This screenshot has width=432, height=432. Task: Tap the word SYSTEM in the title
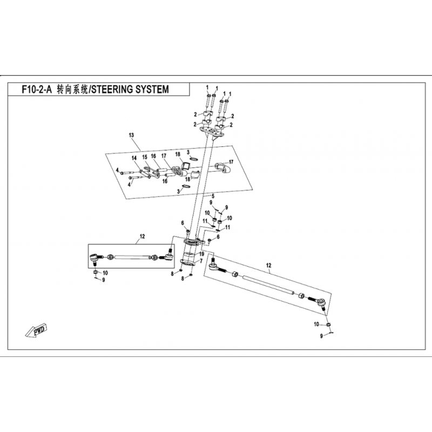(154, 90)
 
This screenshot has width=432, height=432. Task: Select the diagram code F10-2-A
(37, 90)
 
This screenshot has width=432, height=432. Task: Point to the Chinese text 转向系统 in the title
(72, 90)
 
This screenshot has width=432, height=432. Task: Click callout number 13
(131, 135)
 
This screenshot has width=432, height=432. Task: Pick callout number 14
(134, 158)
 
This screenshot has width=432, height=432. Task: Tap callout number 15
(145, 157)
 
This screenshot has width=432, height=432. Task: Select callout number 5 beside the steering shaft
(213, 196)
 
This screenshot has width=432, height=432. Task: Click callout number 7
(201, 261)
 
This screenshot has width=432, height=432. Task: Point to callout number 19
(201, 254)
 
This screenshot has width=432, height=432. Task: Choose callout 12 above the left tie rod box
(142, 237)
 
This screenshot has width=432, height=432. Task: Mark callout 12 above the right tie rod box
(268, 265)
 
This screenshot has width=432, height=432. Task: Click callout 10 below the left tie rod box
(105, 273)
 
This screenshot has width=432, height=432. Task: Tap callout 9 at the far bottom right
(321, 336)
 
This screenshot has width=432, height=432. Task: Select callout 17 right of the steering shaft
(231, 162)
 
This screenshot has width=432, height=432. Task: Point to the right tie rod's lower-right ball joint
(321, 303)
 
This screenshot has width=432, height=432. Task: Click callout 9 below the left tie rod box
(104, 280)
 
